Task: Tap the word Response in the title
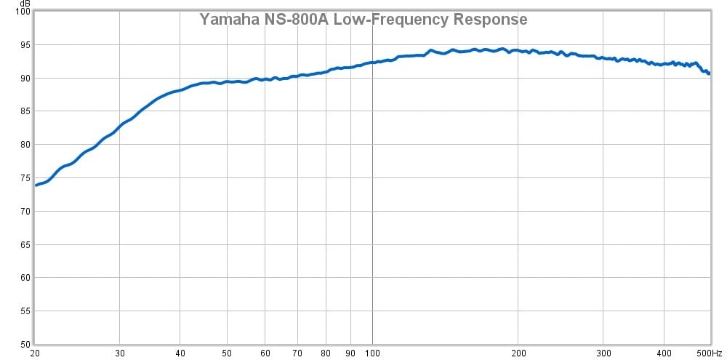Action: pyautogui.click(x=490, y=20)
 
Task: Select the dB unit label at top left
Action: pyautogui.click(x=25, y=4)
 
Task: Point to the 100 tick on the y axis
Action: pyautogui.click(x=23, y=12)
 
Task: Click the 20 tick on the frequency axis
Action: pyautogui.click(x=35, y=353)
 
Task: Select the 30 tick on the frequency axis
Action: pyautogui.click(x=120, y=353)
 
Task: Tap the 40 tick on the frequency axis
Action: pyautogui.click(x=180, y=353)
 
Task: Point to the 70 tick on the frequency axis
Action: pyautogui.click(x=297, y=353)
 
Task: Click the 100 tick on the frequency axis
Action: pyautogui.click(x=372, y=353)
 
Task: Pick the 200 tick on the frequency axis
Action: pyautogui.click(x=518, y=353)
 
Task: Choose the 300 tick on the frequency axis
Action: pyautogui.click(x=603, y=353)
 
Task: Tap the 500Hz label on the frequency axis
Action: pyautogui.click(x=710, y=353)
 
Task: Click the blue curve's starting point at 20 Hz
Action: pyautogui.click(x=36, y=185)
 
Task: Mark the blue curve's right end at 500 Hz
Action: pyautogui.click(x=709, y=73)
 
